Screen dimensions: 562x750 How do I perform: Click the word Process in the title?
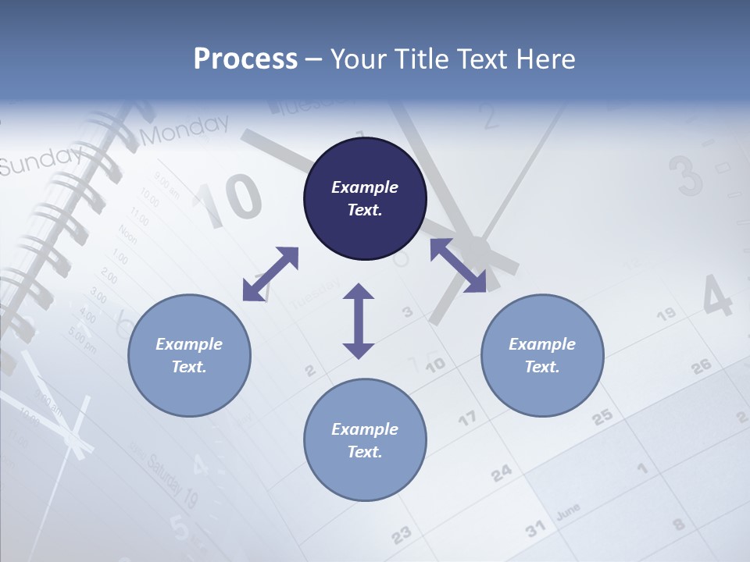pos(245,59)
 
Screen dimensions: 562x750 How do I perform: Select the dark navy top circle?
pos(365,199)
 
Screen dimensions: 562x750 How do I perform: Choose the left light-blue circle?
pos(189,355)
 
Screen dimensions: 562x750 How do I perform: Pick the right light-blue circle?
pos(542,355)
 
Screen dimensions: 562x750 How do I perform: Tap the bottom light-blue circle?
pos(365,440)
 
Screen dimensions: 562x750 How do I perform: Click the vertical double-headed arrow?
pos(359,321)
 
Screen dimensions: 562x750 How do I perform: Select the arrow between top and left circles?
pos(270,274)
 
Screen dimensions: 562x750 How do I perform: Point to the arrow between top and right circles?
pos(459,265)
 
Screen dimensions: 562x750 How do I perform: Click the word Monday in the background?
pos(187,130)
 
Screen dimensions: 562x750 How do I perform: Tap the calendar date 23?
pos(401,535)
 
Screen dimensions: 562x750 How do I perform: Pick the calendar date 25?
pos(602,417)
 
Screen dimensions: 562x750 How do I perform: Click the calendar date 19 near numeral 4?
pos(666,315)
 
